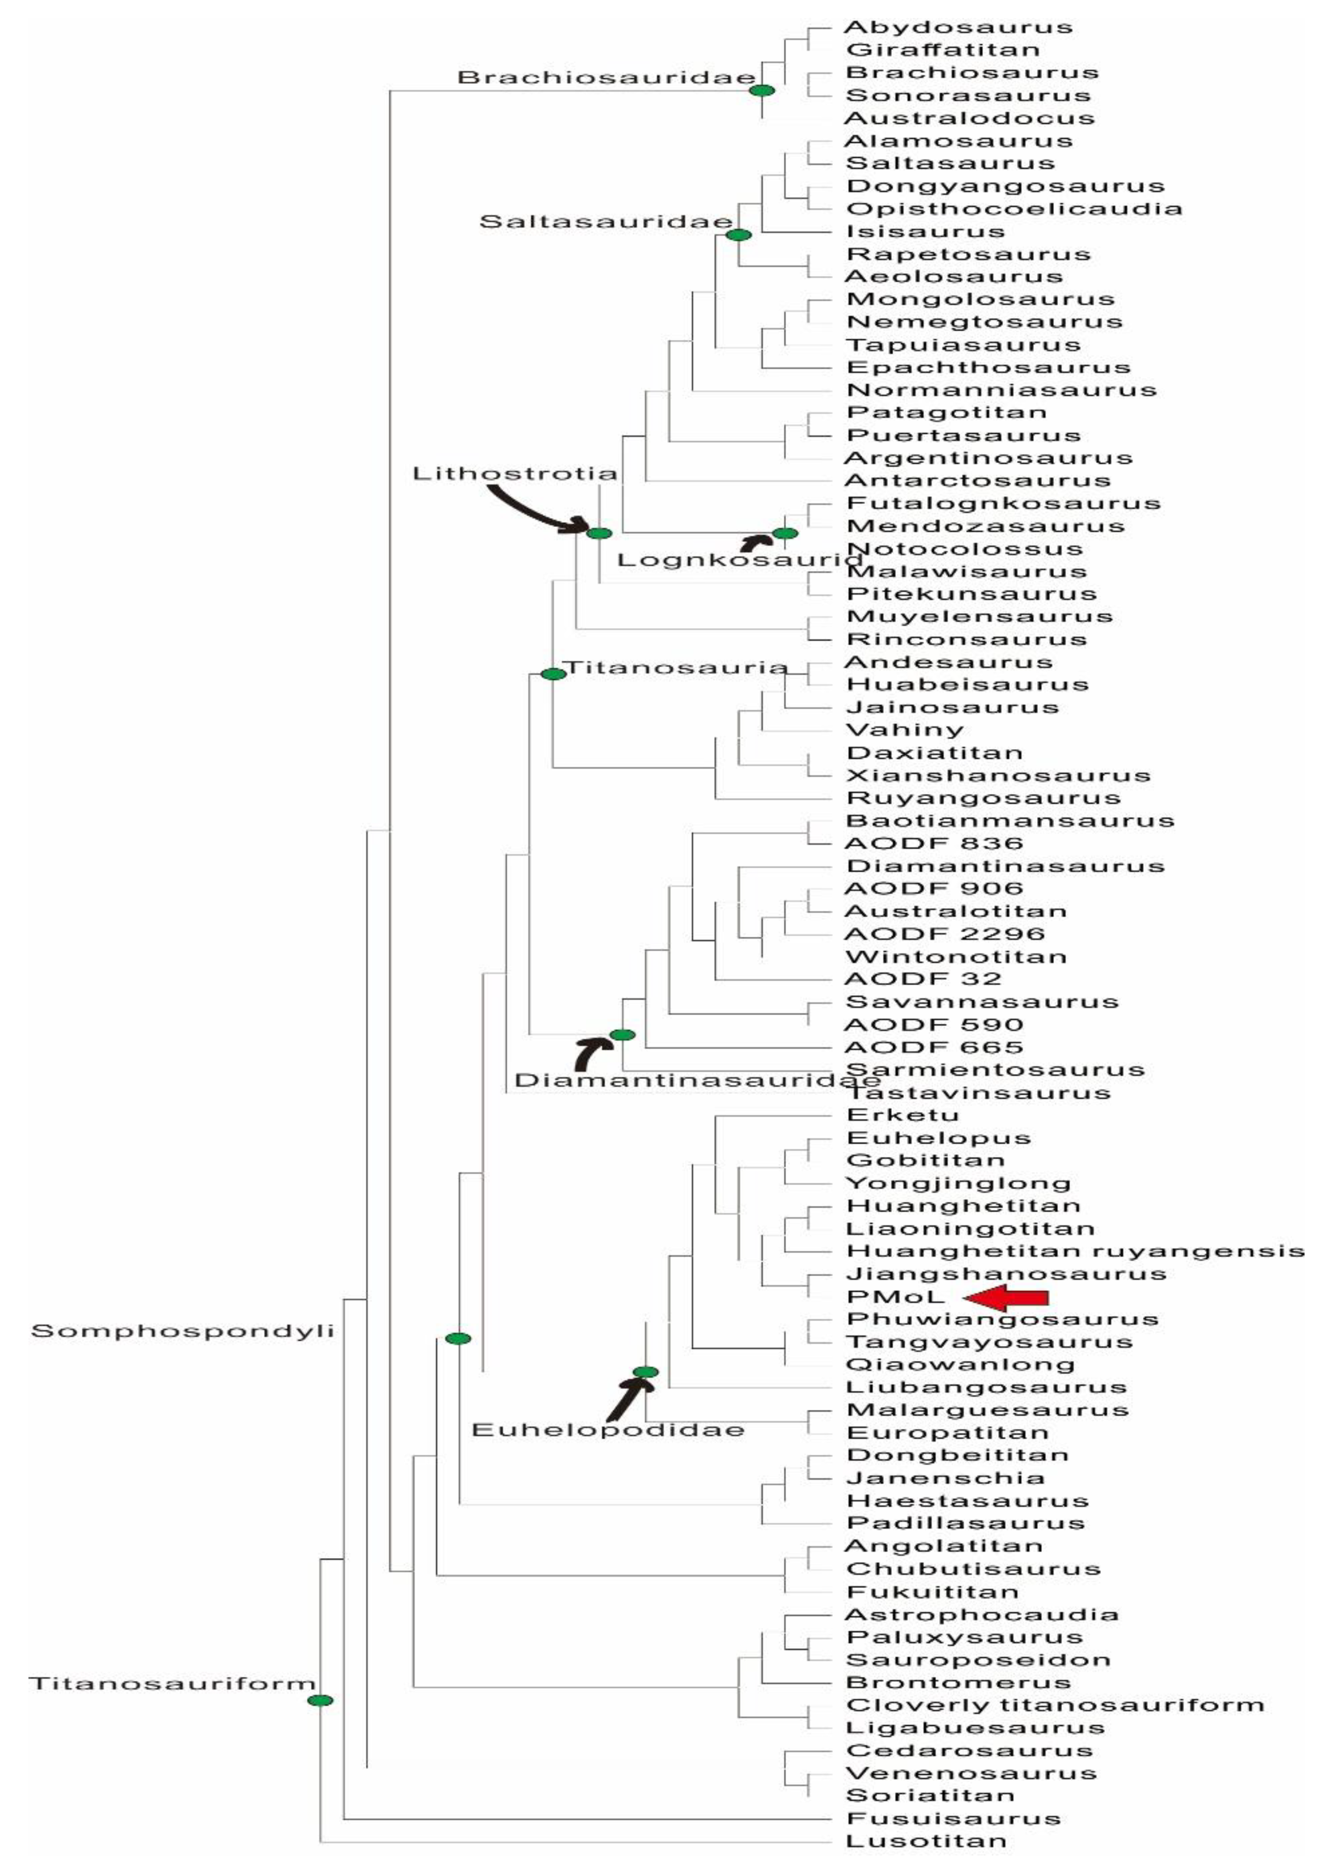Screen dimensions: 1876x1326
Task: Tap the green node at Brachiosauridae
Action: pyautogui.click(x=762, y=91)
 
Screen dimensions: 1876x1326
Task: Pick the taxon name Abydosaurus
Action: pyautogui.click(x=958, y=27)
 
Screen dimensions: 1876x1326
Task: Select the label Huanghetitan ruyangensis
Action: pyautogui.click(x=1074, y=1251)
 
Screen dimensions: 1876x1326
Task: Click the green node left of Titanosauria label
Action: pyautogui.click(x=553, y=674)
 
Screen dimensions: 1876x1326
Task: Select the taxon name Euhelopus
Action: pyautogui.click(x=938, y=1138)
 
